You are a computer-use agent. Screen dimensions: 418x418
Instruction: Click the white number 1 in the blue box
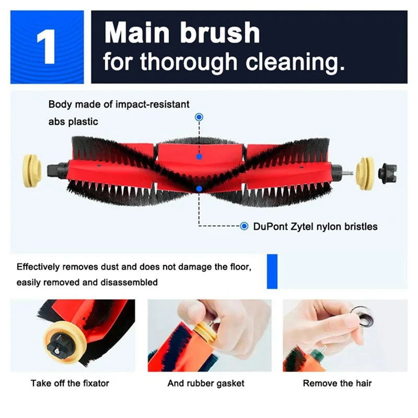(48, 48)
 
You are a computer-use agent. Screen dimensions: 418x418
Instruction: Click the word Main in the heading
(137, 33)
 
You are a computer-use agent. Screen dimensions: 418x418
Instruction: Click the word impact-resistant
(153, 104)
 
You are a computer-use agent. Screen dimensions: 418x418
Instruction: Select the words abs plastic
(73, 122)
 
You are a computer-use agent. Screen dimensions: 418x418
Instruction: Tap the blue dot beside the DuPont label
(244, 226)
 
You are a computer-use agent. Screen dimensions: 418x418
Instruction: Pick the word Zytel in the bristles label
(305, 226)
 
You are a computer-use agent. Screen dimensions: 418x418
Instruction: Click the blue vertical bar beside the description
(272, 272)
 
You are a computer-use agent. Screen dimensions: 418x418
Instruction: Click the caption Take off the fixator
(70, 384)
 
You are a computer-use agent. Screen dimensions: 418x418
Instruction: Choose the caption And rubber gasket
(206, 384)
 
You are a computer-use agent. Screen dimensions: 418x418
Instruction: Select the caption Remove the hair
(338, 384)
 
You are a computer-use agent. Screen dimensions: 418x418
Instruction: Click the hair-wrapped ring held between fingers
(361, 317)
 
